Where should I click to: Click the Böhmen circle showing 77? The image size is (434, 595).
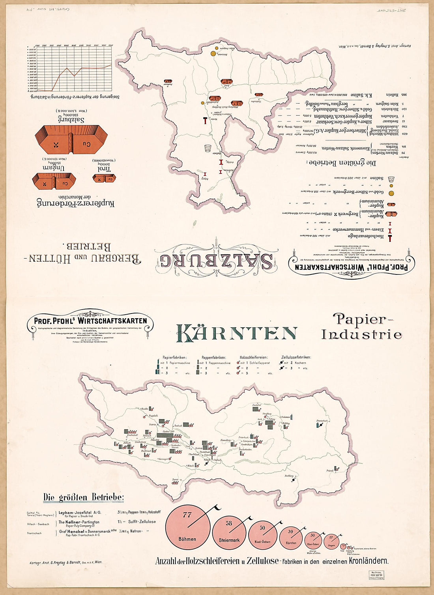coord(187,526)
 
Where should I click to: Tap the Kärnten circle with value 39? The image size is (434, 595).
coord(291,537)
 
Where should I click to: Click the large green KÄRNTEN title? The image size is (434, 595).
coord(236,334)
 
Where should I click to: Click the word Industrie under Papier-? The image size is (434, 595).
coord(361,335)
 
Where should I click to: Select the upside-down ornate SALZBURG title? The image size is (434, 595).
coord(216,261)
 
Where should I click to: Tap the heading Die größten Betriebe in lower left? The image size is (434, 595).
coord(83,497)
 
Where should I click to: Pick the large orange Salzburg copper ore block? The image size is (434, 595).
coord(71,140)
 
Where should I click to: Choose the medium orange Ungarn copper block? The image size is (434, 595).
coord(54,181)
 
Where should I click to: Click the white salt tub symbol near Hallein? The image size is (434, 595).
coord(208,148)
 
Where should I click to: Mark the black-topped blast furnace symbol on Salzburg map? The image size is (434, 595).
coord(205,121)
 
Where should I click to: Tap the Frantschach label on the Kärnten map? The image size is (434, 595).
coord(322,421)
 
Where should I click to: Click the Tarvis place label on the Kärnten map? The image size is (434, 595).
coord(175,479)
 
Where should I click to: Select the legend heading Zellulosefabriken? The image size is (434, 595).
coord(296,357)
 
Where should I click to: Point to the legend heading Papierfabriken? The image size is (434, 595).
coord(175,357)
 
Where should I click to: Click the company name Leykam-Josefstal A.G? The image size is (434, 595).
coord(80,513)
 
